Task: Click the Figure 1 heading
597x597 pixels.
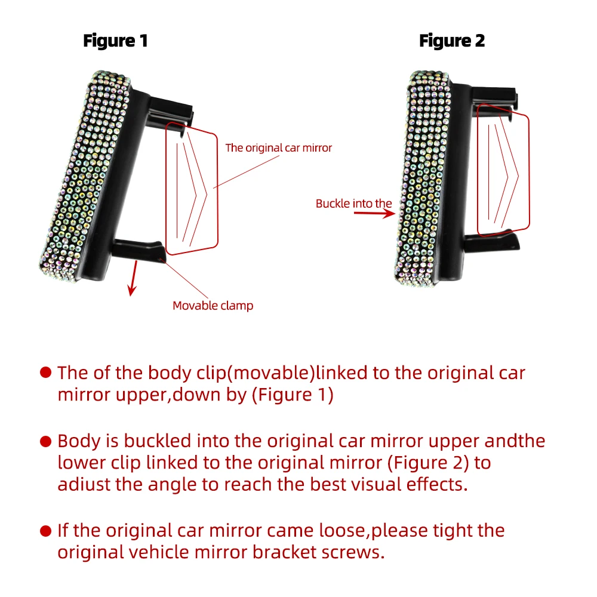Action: tap(115, 41)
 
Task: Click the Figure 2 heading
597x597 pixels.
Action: tap(452, 41)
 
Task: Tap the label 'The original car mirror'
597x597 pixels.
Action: tap(278, 147)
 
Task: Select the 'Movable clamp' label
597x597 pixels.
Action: tap(213, 306)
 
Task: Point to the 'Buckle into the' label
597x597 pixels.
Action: tap(353, 204)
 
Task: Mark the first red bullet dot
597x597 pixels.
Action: tap(45, 373)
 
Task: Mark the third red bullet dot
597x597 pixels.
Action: tap(45, 530)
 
